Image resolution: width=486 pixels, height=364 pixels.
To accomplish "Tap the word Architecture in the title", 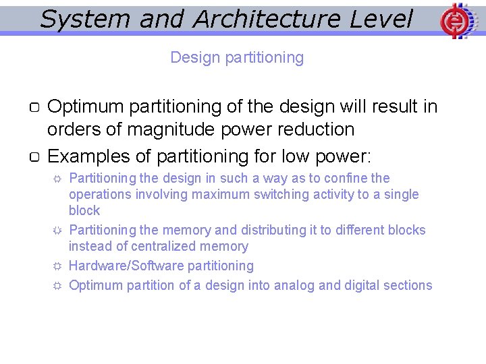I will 267,19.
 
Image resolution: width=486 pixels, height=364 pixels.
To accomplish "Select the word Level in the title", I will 381,19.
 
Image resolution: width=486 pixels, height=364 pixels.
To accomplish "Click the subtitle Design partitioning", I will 237,57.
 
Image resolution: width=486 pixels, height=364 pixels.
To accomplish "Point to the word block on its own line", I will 84,211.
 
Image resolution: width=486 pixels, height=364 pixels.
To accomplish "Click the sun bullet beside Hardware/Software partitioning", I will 58,266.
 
